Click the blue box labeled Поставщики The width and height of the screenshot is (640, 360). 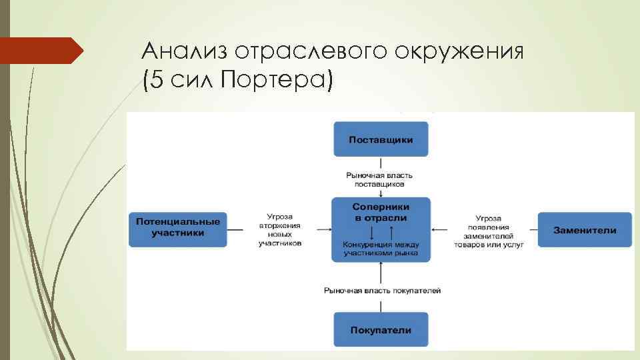click(x=381, y=139)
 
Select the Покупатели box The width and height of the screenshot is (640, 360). click(x=381, y=330)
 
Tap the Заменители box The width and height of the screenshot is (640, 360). click(x=585, y=230)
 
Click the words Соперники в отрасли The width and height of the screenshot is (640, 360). click(x=381, y=213)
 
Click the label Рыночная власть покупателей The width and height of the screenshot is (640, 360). click(x=382, y=291)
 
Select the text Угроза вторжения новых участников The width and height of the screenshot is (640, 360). click(x=281, y=230)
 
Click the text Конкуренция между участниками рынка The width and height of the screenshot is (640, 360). click(x=381, y=249)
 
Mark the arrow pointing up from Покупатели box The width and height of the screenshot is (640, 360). click(x=381, y=272)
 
